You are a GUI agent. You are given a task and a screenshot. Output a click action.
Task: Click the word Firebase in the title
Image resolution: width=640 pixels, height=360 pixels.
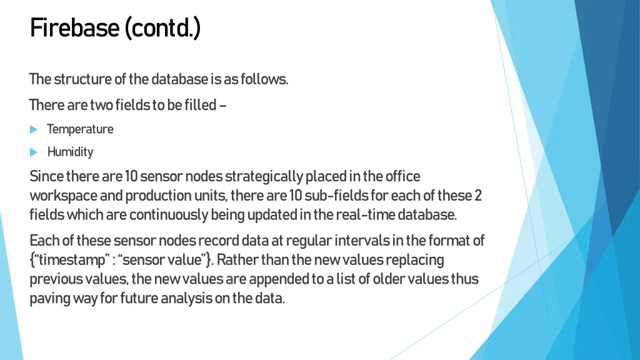(x=74, y=27)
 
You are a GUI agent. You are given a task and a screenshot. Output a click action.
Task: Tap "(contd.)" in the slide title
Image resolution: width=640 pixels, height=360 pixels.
(x=162, y=27)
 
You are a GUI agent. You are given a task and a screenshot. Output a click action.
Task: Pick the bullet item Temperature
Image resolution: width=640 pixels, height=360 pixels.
(x=80, y=129)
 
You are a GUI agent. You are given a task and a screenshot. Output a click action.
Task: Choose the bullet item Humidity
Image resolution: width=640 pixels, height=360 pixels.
(x=70, y=152)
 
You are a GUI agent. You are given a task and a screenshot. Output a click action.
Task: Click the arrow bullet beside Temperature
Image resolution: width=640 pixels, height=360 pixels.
(x=34, y=129)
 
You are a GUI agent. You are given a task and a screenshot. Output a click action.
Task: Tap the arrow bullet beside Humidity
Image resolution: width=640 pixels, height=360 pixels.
(x=34, y=152)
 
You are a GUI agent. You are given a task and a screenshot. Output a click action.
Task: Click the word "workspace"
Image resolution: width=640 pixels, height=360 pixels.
(x=64, y=196)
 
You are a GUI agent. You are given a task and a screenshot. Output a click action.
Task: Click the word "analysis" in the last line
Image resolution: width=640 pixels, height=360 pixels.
(x=186, y=298)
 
